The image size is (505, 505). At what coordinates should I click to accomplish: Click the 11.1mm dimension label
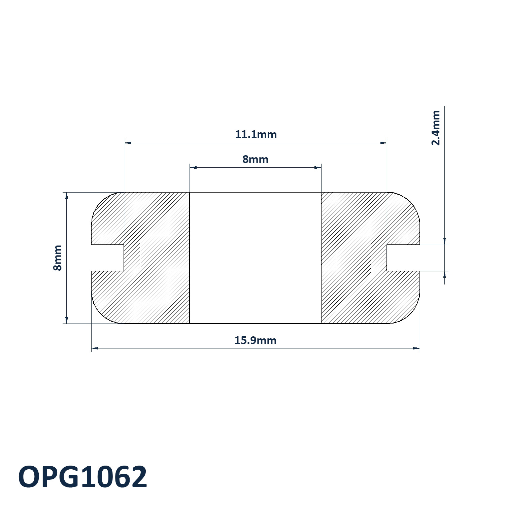tap(256, 134)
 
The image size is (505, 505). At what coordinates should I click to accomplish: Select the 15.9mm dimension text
tap(256, 340)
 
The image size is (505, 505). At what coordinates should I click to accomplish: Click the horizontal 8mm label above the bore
tap(256, 159)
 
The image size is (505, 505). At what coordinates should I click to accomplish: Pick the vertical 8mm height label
tap(58, 258)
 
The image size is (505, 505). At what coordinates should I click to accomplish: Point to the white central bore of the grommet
tap(256, 258)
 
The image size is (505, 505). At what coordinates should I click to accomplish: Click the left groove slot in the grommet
tap(108, 258)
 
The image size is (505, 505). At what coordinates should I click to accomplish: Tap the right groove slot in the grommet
tap(403, 258)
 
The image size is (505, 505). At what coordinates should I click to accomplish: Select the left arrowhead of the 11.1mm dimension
tap(128, 143)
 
